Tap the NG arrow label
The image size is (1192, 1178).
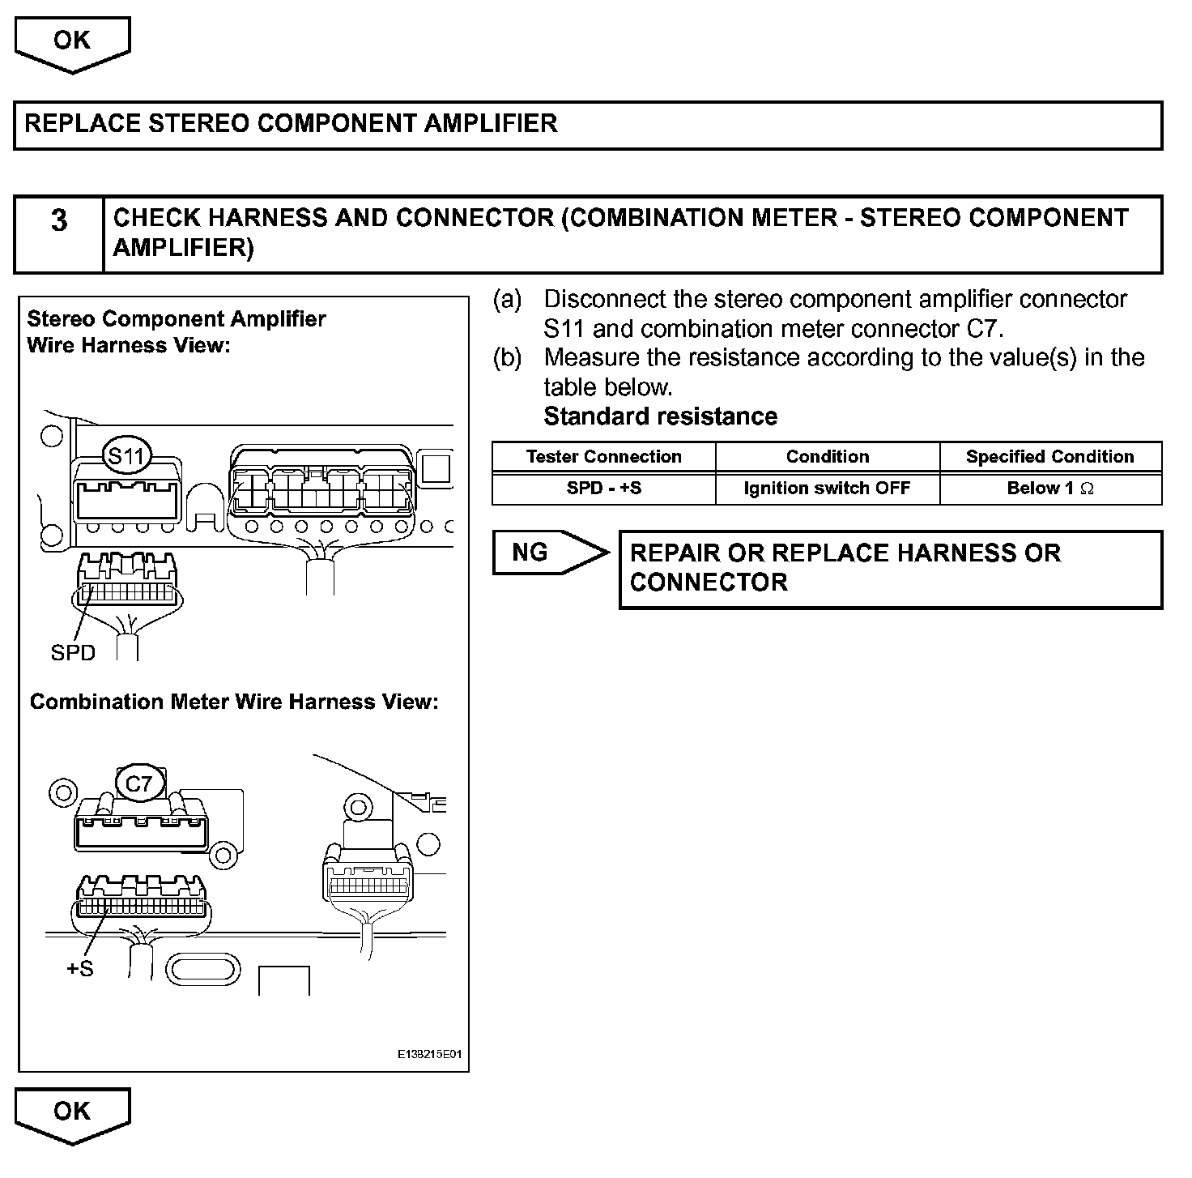pos(540,553)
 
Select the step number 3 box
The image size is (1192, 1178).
pos(59,233)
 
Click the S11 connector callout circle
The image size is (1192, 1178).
pos(126,456)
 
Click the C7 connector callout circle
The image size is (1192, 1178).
pos(139,783)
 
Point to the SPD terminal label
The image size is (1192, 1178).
pos(73,653)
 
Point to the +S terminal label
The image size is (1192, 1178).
pos(79,968)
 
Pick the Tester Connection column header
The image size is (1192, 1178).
pos(603,457)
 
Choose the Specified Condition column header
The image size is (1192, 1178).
pos(1049,457)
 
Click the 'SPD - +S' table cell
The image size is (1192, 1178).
pos(603,489)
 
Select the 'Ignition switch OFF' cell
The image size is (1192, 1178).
pos(827,489)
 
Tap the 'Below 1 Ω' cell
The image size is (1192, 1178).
pos(1049,489)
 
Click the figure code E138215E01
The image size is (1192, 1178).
pos(429,1055)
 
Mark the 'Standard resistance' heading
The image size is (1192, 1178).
pos(660,416)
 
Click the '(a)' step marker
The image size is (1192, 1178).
pos(508,300)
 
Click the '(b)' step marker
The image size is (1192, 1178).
pos(508,358)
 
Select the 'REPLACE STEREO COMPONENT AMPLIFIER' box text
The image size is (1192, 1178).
pos(292,124)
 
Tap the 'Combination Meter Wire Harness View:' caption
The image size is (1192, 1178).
pos(234,702)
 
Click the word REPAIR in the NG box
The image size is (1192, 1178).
pos(675,553)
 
